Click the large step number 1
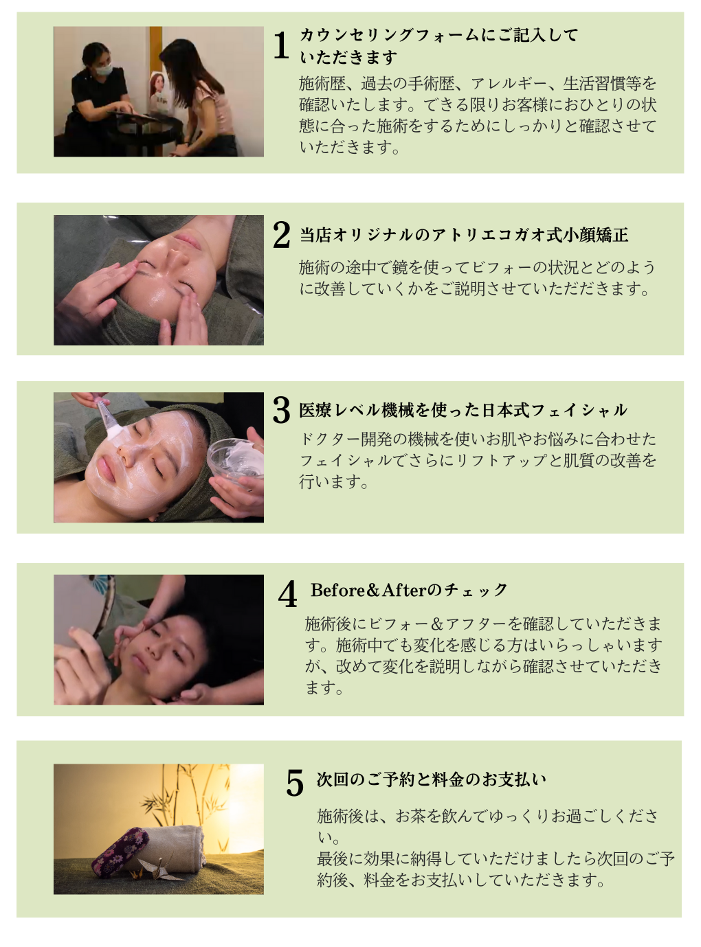tap(281, 45)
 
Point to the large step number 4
tap(287, 594)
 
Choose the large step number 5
tap(295, 783)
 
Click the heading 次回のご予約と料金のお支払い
tap(432, 779)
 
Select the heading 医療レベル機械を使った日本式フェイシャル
tap(463, 410)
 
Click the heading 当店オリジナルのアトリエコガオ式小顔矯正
tap(464, 235)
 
